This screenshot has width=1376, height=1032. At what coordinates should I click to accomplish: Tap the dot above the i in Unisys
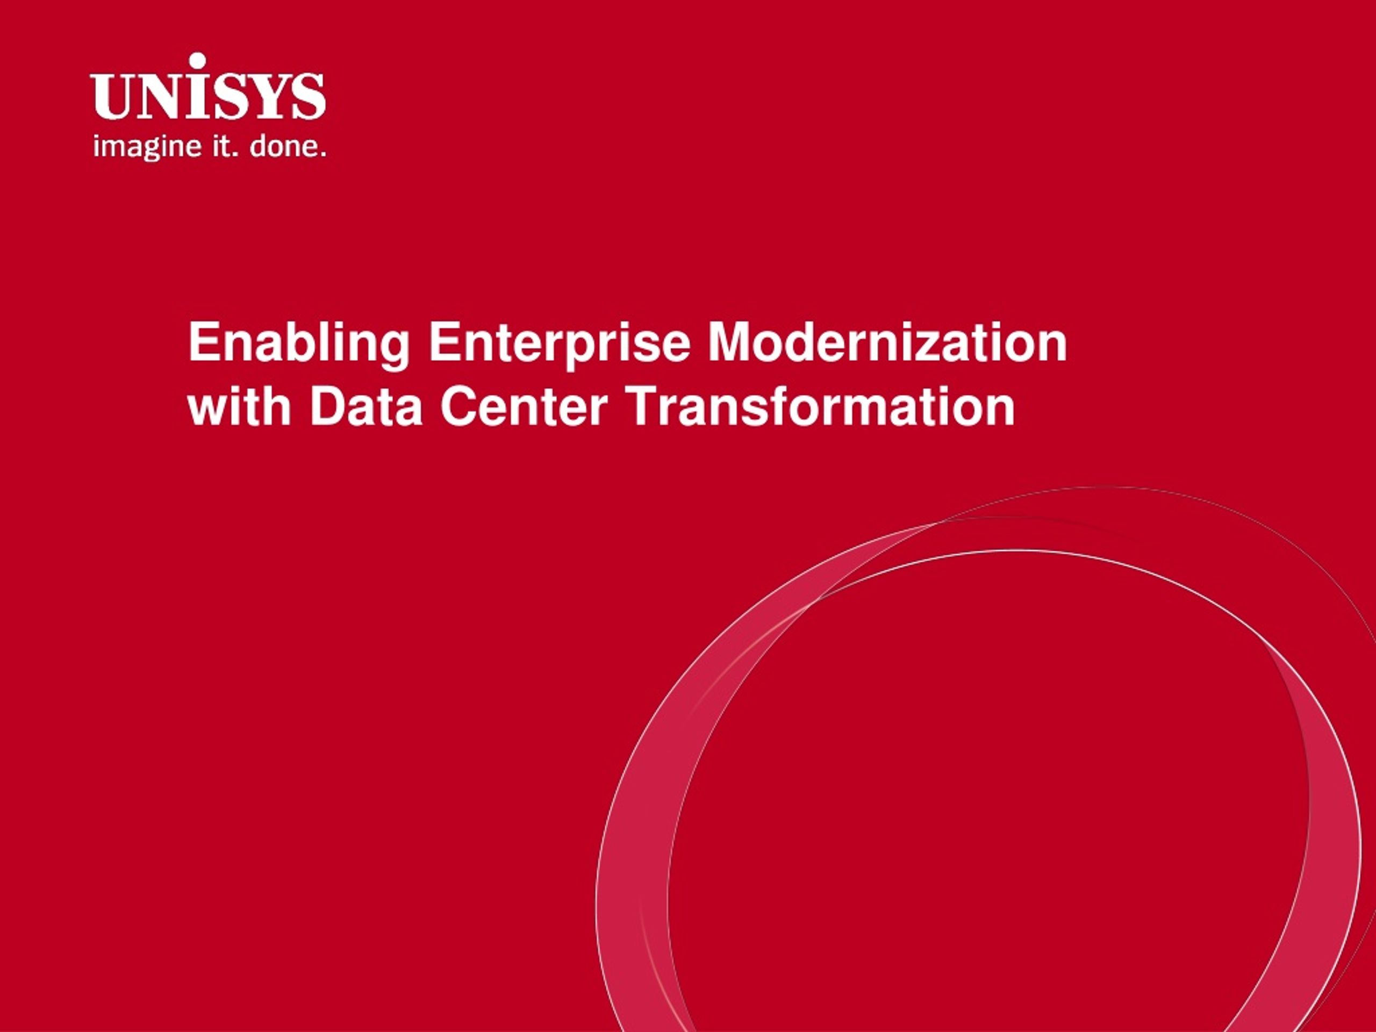pos(197,61)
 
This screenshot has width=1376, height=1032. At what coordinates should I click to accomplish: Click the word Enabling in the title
pos(299,343)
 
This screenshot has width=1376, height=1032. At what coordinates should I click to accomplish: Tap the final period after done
pos(323,155)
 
